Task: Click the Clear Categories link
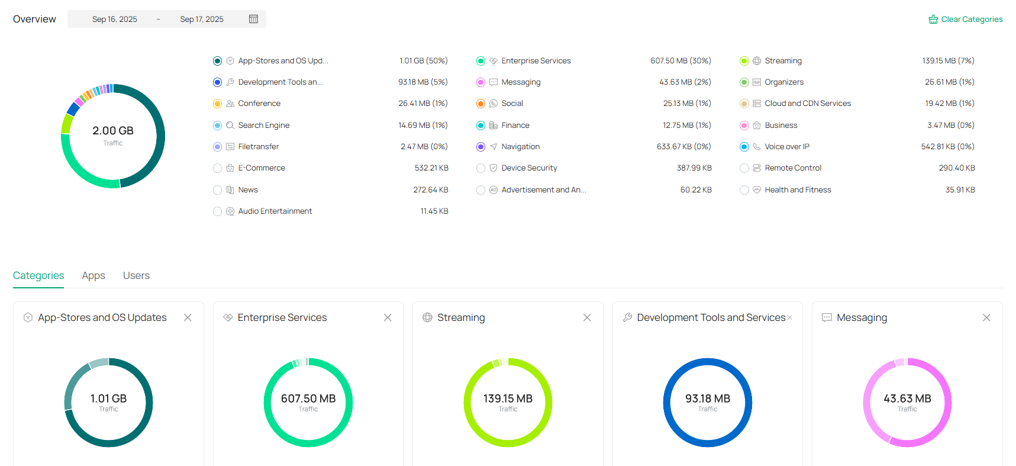pyautogui.click(x=971, y=20)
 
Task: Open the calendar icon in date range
pyautogui.click(x=253, y=19)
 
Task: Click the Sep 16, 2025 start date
pyautogui.click(x=115, y=19)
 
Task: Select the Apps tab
pyautogui.click(x=93, y=275)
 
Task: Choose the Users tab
pyautogui.click(x=136, y=275)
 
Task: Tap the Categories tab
pyautogui.click(x=38, y=275)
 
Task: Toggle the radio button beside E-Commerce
pyautogui.click(x=217, y=168)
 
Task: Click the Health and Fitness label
pyautogui.click(x=798, y=190)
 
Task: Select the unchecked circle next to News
pyautogui.click(x=217, y=190)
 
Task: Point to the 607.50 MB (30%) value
pyautogui.click(x=680, y=61)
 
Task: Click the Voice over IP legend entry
pyautogui.click(x=786, y=147)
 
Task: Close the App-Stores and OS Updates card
pyautogui.click(x=188, y=317)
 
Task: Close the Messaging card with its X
pyautogui.click(x=986, y=317)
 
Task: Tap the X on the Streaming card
pyautogui.click(x=587, y=317)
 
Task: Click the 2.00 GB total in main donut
pyautogui.click(x=113, y=131)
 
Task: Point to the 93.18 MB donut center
pyautogui.click(x=708, y=399)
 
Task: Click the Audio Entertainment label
pyautogui.click(x=275, y=211)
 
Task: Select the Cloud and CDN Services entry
pyautogui.click(x=807, y=104)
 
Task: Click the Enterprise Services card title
pyautogui.click(x=282, y=317)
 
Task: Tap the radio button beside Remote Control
pyautogui.click(x=744, y=168)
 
